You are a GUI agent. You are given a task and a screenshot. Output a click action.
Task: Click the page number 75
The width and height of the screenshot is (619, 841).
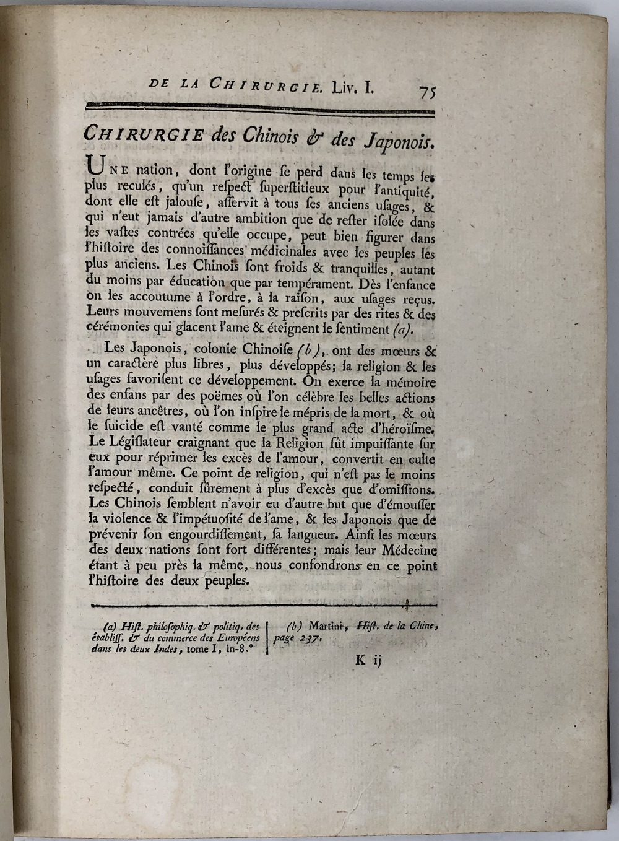[428, 92]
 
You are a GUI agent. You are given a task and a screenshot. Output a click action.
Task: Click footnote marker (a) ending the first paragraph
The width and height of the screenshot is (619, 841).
[403, 329]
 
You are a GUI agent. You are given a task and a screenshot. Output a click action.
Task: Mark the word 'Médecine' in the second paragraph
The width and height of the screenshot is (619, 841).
[409, 550]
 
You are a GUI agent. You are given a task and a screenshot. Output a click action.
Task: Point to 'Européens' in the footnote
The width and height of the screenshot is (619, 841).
[236, 638]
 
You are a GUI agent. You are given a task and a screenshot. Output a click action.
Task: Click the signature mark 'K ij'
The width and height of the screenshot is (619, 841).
[369, 661]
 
